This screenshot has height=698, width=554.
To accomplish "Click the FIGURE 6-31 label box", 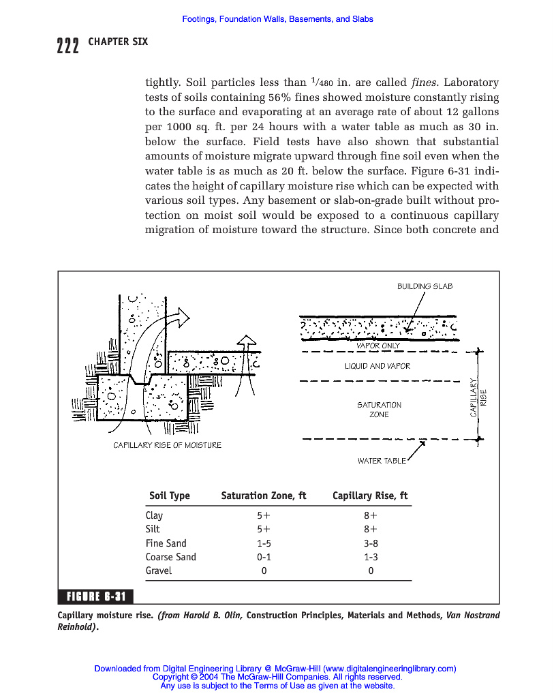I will (x=96, y=597).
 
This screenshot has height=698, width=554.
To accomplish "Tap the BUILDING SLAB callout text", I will (x=425, y=286).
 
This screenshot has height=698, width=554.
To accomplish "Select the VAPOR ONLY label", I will (x=378, y=346).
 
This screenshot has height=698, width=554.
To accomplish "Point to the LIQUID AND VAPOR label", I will (x=378, y=366).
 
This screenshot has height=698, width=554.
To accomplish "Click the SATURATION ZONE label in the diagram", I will (x=379, y=410).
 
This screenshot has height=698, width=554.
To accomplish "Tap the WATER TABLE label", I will (x=381, y=461).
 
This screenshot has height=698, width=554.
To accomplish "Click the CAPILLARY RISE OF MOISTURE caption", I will (x=167, y=445).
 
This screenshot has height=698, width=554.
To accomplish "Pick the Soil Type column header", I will (x=169, y=496).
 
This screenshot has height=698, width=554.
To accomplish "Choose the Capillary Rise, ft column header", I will (x=369, y=496).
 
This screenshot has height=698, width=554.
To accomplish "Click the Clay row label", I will (x=154, y=515).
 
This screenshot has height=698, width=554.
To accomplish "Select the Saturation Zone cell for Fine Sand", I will (x=264, y=543).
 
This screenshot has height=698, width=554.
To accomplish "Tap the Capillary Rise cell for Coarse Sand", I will (x=371, y=557).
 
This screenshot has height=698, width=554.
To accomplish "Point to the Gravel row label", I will (x=158, y=571).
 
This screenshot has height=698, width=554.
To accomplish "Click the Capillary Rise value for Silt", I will (x=371, y=529).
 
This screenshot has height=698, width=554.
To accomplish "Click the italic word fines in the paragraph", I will (x=427, y=83).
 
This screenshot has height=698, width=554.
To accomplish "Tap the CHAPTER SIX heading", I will (x=118, y=42).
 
